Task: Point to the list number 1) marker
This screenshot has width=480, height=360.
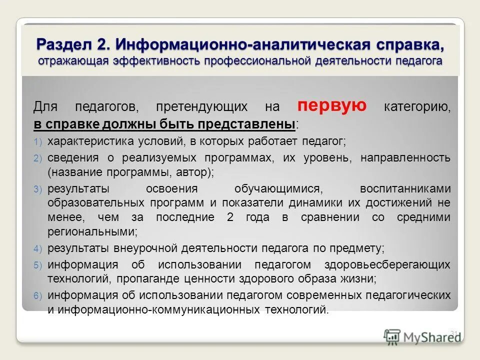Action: click(x=38, y=142)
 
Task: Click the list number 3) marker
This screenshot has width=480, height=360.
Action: click(x=38, y=189)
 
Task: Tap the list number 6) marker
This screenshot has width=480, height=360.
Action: click(x=38, y=295)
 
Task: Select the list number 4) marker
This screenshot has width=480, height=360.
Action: click(x=38, y=248)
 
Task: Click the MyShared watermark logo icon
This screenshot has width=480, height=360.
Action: click(x=393, y=336)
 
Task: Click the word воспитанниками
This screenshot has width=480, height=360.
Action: click(x=405, y=188)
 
